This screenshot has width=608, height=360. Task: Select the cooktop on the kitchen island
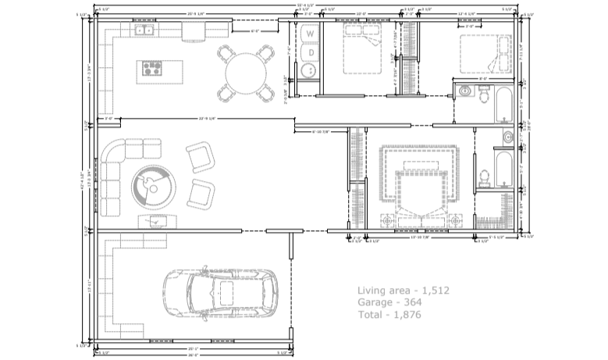(x=151, y=68)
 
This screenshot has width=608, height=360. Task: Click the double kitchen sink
(x=144, y=31)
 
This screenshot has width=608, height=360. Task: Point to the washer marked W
(x=311, y=34)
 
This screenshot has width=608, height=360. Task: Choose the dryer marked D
(x=311, y=52)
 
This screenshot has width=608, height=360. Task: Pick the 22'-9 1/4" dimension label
(x=206, y=119)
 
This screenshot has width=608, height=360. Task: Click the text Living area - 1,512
(x=403, y=290)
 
